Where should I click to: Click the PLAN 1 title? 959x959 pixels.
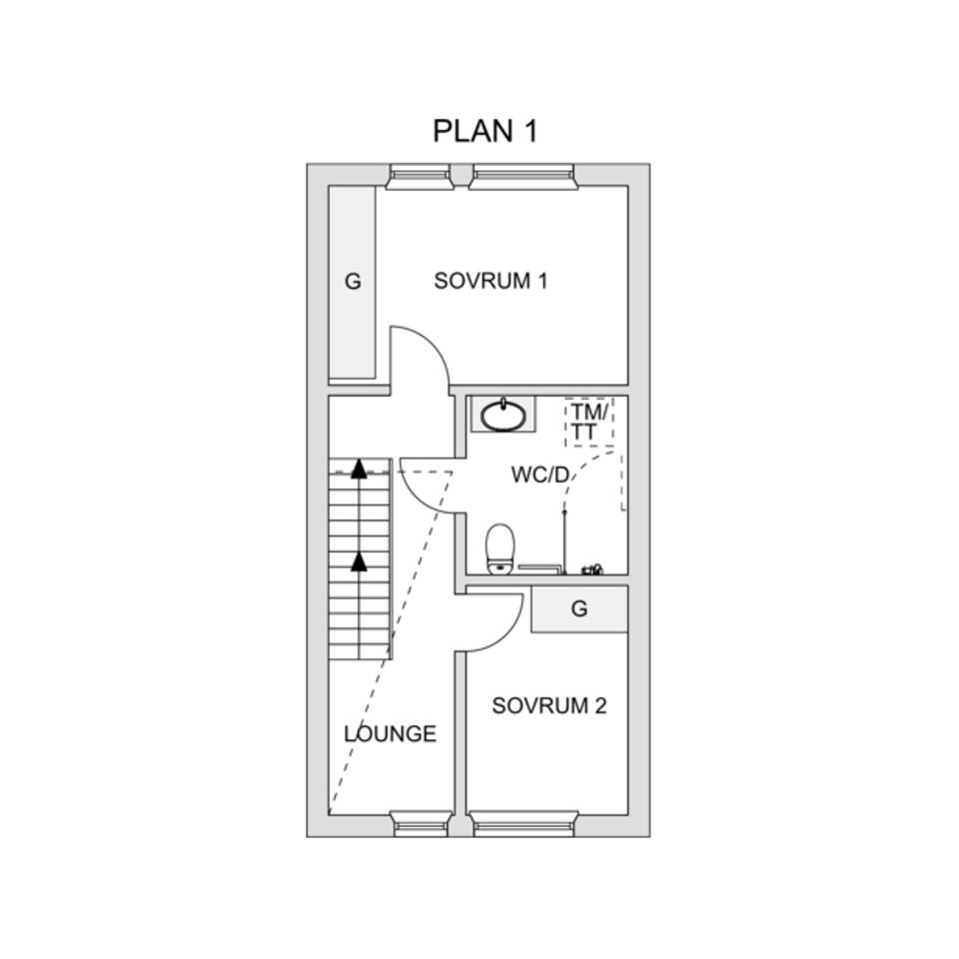pos(484,131)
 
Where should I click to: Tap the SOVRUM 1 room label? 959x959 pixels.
pos(489,281)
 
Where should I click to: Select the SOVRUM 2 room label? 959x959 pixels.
pos(548,706)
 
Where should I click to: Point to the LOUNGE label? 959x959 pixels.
pos(390,734)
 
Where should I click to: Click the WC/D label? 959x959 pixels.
pos(539,475)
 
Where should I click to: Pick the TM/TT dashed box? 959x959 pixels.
pos(588,422)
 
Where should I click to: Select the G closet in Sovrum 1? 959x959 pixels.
pos(352,282)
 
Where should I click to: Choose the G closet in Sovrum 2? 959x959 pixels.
pos(579,609)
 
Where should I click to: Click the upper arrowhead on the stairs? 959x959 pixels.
pos(358,472)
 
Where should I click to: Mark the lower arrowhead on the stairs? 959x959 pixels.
pos(359,561)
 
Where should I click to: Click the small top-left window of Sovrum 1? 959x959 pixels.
pos(419,177)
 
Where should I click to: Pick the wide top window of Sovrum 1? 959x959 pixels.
pos(524,177)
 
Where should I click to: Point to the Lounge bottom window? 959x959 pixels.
pos(420,823)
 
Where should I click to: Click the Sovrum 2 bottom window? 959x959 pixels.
pos(524,823)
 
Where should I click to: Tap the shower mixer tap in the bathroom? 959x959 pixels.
pos(592,570)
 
